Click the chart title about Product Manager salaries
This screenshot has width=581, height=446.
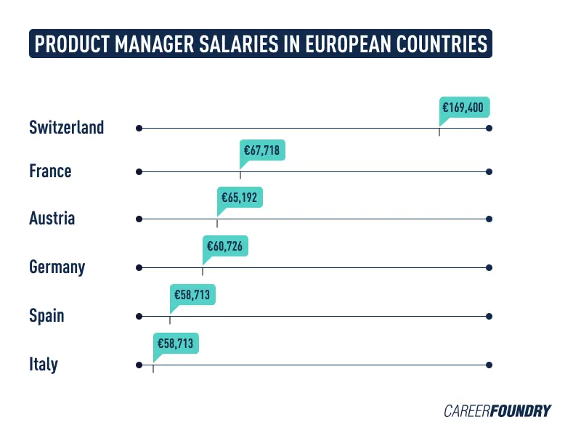click(x=261, y=44)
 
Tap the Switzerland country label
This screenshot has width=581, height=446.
click(x=66, y=128)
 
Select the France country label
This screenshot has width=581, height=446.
click(x=50, y=171)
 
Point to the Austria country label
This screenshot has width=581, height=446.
click(x=52, y=218)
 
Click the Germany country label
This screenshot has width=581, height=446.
click(x=57, y=267)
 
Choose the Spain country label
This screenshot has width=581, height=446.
click(x=46, y=316)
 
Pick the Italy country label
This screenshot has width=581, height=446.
click(x=43, y=365)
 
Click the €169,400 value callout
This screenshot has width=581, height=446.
click(x=465, y=108)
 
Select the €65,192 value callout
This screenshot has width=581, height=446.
click(x=240, y=197)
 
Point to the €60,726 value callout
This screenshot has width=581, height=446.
click(x=226, y=247)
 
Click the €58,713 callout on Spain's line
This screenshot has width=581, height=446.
click(x=194, y=295)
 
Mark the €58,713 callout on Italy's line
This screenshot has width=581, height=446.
click(x=175, y=343)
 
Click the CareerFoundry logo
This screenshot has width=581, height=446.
click(x=497, y=411)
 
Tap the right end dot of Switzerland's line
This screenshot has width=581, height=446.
click(x=489, y=128)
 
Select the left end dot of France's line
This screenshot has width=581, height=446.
click(x=139, y=172)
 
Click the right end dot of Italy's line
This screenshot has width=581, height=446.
click(x=489, y=365)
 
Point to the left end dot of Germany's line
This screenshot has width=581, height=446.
click(x=139, y=267)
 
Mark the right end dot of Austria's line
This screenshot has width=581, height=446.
click(x=489, y=219)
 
